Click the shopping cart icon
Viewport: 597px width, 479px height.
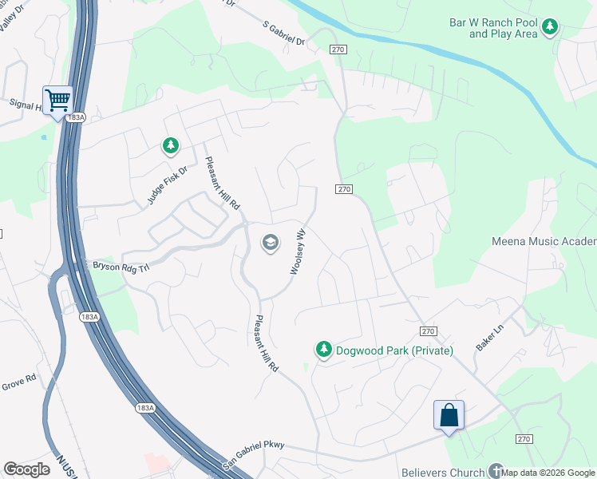(x=57, y=101)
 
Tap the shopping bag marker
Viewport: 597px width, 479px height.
(x=449, y=415)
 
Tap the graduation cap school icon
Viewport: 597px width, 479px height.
(x=271, y=243)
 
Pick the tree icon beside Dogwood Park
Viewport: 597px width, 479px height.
(x=323, y=350)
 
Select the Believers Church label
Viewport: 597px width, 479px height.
(x=445, y=472)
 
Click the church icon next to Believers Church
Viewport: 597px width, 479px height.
(x=496, y=471)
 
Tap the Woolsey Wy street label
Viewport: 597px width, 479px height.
(x=297, y=253)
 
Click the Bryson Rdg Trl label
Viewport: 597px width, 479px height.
(x=121, y=266)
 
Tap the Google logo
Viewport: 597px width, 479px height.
(x=26, y=469)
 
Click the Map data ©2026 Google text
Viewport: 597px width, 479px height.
(x=548, y=473)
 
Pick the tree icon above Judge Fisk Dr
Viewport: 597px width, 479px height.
(x=170, y=145)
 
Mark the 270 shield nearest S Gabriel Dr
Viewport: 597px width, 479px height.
(x=337, y=49)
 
